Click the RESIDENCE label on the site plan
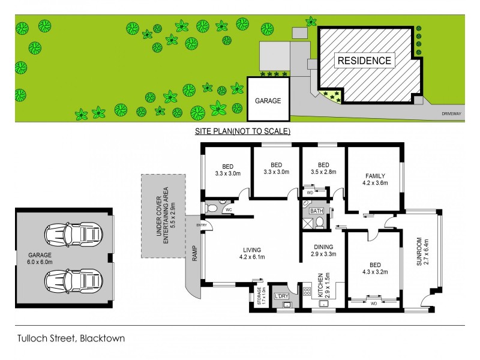[x=364, y=61]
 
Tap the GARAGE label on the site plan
[x=268, y=101]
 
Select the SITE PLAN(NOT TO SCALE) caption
[x=242, y=131]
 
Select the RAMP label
[x=194, y=256]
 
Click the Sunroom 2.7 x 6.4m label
[x=423, y=256]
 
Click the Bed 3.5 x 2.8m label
[x=323, y=169]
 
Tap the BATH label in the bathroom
[x=316, y=211]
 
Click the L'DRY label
[x=281, y=297]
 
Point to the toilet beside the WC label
[x=212, y=209]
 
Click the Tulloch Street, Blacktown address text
[x=70, y=338]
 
